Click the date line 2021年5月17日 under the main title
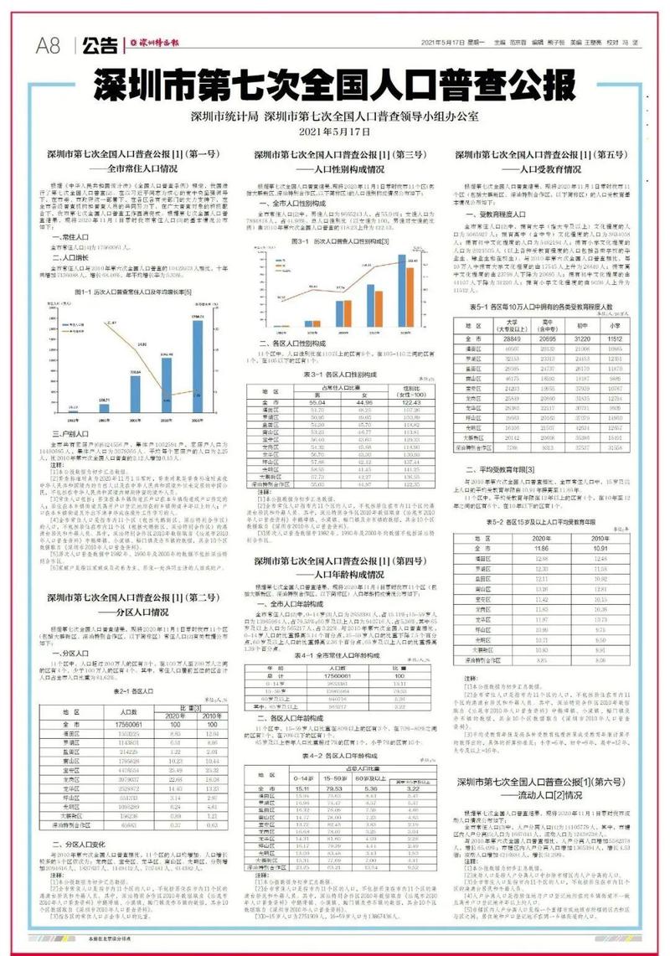[334, 132]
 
